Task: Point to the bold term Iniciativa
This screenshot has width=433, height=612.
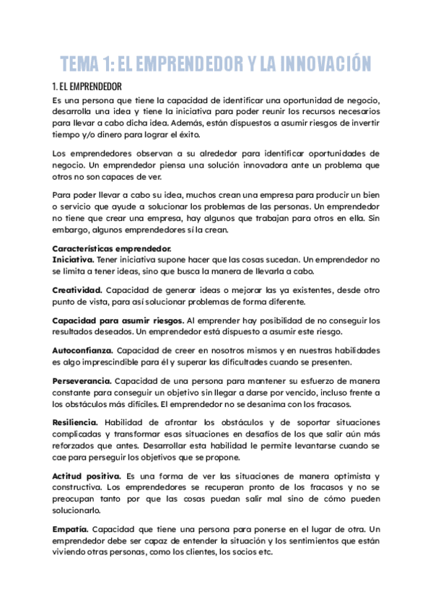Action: pos(73,258)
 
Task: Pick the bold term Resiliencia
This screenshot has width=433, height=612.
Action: pos(76,422)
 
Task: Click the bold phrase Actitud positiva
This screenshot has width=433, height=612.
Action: pos(86,477)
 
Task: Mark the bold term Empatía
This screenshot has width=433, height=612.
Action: pos(70,529)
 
